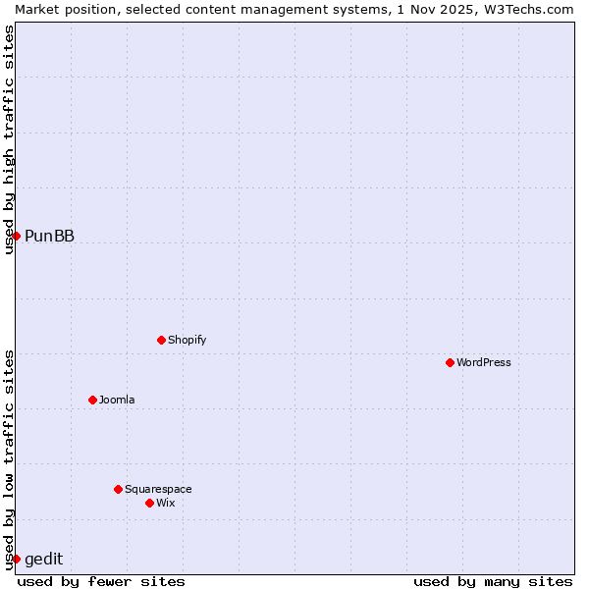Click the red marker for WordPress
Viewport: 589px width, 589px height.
pyautogui.click(x=450, y=362)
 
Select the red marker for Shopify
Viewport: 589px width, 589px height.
pyautogui.click(x=161, y=340)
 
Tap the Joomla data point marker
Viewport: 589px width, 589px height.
pyautogui.click(x=92, y=400)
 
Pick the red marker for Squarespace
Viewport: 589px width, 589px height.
pyautogui.click(x=118, y=489)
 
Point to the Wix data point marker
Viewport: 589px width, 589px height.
pyautogui.click(x=149, y=503)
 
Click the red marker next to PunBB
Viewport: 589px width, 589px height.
pyautogui.click(x=16, y=236)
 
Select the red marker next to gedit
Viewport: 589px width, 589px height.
pyautogui.click(x=16, y=559)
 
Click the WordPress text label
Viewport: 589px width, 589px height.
pyautogui.click(x=484, y=362)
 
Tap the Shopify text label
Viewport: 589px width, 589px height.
pyautogui.click(x=187, y=340)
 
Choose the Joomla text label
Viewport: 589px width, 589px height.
pyautogui.click(x=117, y=400)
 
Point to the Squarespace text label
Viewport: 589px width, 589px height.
pyautogui.click(x=158, y=489)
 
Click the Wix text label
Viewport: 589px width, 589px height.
pyautogui.click(x=166, y=503)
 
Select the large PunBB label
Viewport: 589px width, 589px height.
pyautogui.click(x=49, y=236)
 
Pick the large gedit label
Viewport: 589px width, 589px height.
pyautogui.click(x=43, y=560)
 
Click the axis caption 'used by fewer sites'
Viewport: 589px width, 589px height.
pyautogui.click(x=101, y=581)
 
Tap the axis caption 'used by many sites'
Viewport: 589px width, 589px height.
pyautogui.click(x=493, y=581)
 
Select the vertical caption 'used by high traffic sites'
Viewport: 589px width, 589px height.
pyautogui.click(x=9, y=139)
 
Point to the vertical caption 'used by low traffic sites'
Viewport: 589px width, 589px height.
pyautogui.click(x=9, y=458)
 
